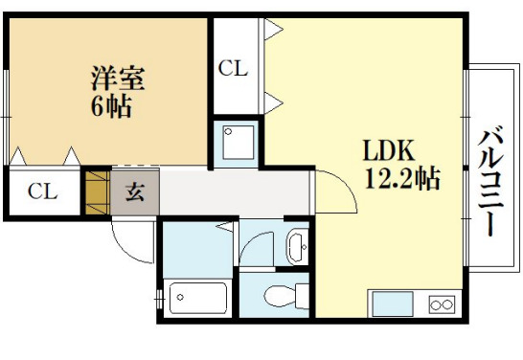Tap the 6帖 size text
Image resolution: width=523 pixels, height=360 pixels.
click(x=110, y=105)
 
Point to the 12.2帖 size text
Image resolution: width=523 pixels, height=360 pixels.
click(x=401, y=178)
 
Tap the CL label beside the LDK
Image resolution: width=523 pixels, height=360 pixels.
click(x=234, y=68)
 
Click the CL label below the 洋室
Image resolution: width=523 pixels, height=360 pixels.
click(x=41, y=191)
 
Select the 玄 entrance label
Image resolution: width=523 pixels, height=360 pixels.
click(x=135, y=191)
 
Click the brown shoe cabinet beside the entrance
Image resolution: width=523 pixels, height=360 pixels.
click(x=97, y=191)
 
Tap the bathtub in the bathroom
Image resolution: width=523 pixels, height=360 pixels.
click(x=196, y=298)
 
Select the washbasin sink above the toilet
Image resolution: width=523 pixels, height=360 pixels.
click(x=297, y=246)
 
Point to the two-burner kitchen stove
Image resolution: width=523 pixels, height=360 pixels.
click(x=442, y=304)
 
